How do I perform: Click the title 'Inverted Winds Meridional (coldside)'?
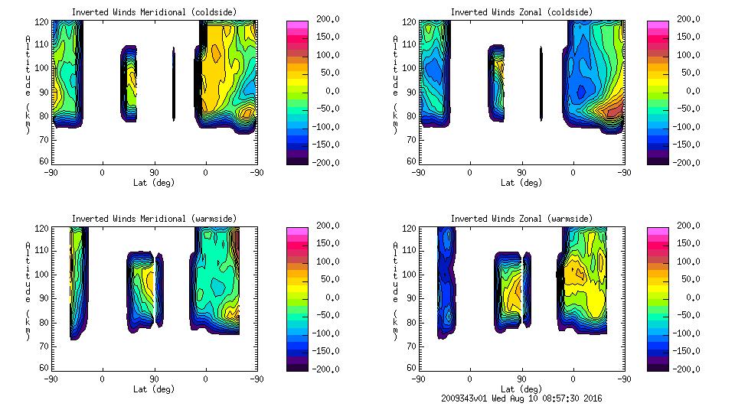(x=154, y=12)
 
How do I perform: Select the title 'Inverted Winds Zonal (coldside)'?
(x=521, y=12)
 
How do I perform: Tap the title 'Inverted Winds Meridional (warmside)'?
(x=154, y=219)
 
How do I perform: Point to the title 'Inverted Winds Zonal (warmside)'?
(x=521, y=219)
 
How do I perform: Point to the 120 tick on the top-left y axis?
(x=44, y=21)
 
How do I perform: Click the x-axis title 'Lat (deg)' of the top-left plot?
(x=154, y=183)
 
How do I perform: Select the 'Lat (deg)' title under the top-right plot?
(x=521, y=183)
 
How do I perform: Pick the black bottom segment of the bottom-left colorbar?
(x=296, y=365)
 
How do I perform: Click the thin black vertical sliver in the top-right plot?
(x=541, y=84)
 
